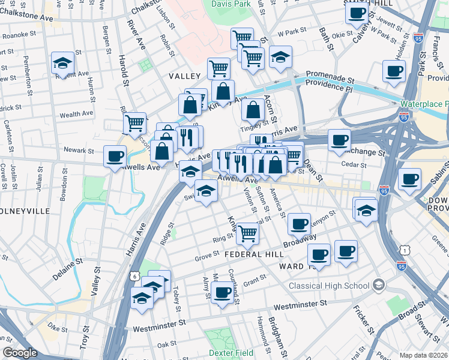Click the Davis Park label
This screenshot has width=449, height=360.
coord(231,4)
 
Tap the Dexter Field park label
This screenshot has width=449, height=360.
coord(231,353)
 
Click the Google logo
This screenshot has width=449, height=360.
coord(20,353)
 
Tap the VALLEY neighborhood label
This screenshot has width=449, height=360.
coord(184,76)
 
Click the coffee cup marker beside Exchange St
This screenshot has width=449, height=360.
coord(339,141)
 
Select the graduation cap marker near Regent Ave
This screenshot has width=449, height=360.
coord(62,63)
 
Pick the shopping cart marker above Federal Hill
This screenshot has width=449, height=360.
coord(247,234)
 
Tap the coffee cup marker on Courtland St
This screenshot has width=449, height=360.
coord(222,293)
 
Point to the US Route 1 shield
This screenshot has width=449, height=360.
coord(406,250)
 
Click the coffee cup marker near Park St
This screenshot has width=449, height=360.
coord(394,71)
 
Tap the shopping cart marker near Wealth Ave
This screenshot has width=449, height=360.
coord(135,123)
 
